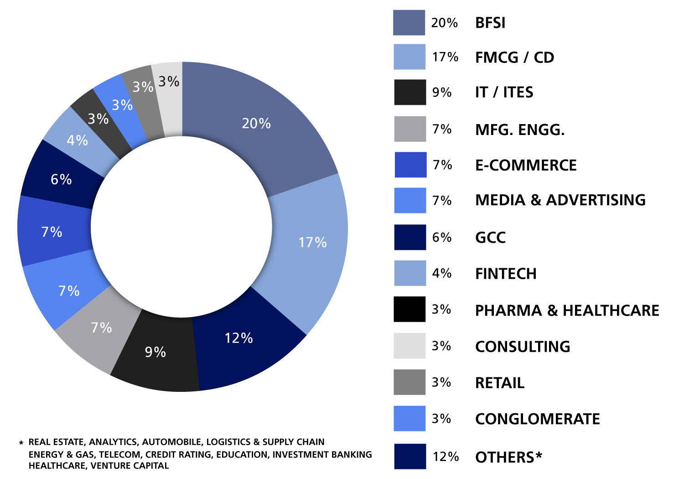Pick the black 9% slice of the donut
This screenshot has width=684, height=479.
[x=155, y=356]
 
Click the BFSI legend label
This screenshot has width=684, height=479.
[x=490, y=23]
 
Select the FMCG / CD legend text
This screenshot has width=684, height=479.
[x=514, y=57]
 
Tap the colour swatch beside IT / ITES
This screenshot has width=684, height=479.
[x=410, y=92]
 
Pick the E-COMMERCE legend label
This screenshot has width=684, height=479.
[x=526, y=165]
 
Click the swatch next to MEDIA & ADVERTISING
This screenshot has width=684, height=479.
[x=410, y=200]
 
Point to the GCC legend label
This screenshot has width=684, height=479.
[x=490, y=238]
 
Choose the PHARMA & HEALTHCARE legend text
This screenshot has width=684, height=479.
[x=567, y=311]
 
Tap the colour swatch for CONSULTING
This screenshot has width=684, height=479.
[x=409, y=346]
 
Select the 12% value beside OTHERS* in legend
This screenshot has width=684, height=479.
[x=446, y=457]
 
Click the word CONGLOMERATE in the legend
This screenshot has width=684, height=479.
[x=537, y=419]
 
